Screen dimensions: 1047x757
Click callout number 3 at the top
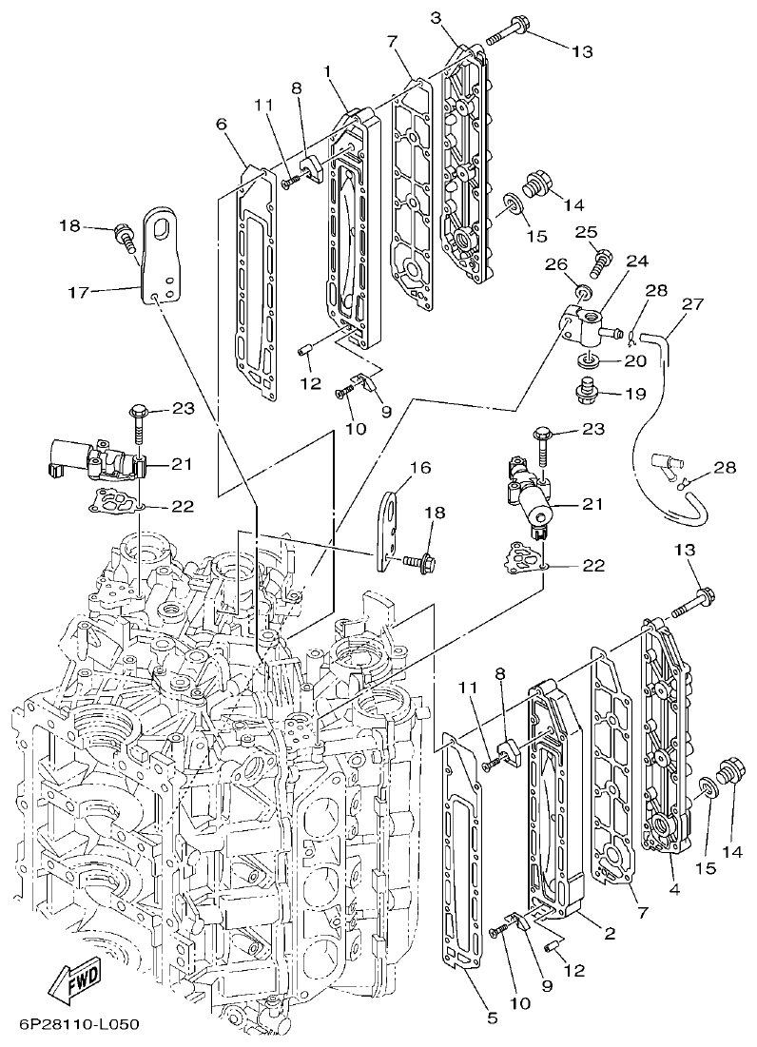coord(435,18)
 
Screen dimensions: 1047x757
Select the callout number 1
coord(327,71)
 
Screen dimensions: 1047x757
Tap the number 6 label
coord(223,125)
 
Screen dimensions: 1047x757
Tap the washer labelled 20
coord(587,361)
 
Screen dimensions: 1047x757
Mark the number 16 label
coord(420,467)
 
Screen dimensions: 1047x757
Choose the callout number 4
coord(673,889)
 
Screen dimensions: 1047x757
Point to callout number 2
coord(610,934)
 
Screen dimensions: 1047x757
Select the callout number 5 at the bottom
coord(492,1018)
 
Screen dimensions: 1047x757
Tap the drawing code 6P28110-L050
coord(79,1025)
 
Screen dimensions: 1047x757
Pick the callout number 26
coord(555,264)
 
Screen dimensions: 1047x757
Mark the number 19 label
coord(634,392)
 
